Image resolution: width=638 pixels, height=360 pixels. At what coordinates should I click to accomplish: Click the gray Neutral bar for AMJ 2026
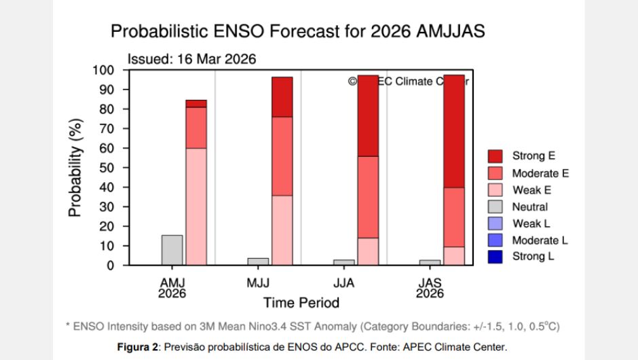pyautogui.click(x=172, y=250)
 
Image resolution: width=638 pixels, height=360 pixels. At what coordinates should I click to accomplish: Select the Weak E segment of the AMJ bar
pyautogui.click(x=196, y=206)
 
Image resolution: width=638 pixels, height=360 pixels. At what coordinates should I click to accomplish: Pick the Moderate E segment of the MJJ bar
pyautogui.click(x=282, y=156)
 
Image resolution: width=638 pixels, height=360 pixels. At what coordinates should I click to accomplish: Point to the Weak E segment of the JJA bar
pyautogui.click(x=368, y=251)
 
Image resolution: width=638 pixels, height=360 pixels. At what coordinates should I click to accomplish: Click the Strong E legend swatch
pyautogui.click(x=496, y=156)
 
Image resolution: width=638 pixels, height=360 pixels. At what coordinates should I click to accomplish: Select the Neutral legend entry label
pyautogui.click(x=529, y=206)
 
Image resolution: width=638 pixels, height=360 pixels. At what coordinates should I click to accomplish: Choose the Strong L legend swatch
pyautogui.click(x=496, y=257)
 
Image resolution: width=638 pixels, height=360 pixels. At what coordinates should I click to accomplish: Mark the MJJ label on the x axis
pyautogui.click(x=258, y=282)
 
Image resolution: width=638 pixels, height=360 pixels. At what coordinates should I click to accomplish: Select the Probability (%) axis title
pyautogui.click(x=75, y=168)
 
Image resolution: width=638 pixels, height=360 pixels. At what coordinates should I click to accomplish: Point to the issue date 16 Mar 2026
pyautogui.click(x=217, y=59)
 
